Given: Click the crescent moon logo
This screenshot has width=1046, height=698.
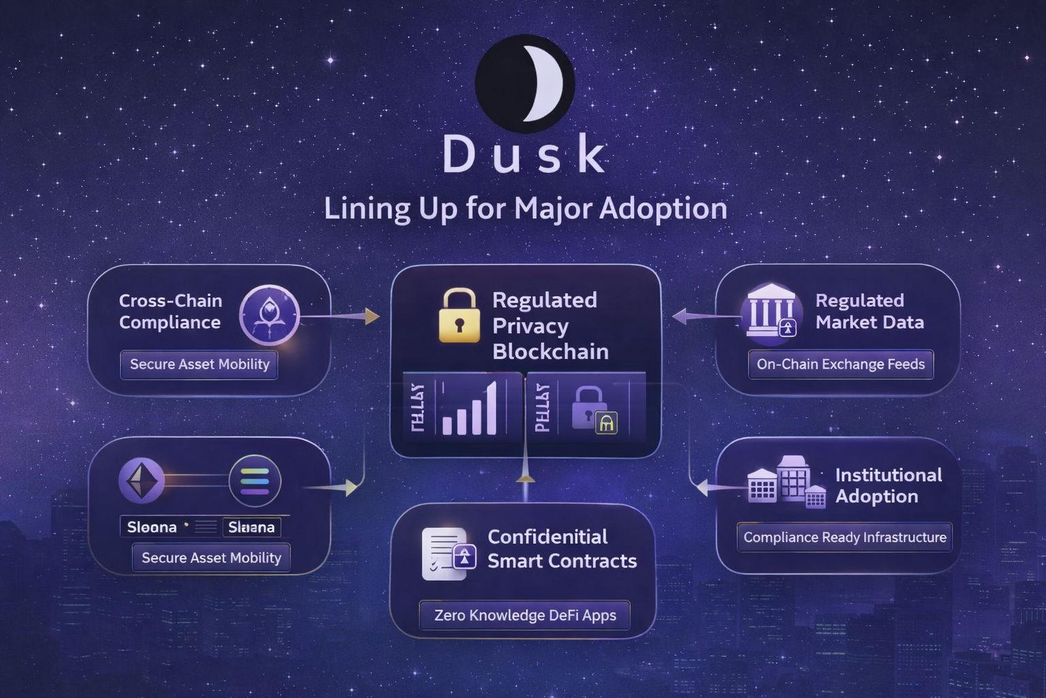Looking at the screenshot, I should coord(524,84).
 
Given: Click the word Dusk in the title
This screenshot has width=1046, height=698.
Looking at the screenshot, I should coord(524,155).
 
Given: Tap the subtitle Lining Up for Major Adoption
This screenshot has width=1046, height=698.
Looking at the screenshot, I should coord(525,208).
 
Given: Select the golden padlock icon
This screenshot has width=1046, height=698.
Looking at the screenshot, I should coord(459,315).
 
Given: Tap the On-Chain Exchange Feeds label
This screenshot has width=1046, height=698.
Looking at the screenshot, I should coord(840,364).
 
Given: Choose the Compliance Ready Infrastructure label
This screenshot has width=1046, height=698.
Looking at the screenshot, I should coord(844,537).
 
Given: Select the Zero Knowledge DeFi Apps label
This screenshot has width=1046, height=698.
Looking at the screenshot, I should coord(525,616).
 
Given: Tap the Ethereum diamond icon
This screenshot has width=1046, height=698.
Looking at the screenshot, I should coord(142,481).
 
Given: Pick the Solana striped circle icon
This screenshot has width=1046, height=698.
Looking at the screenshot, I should coord(255,481).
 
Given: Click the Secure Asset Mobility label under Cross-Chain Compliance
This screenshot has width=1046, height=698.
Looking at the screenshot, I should coord(200,364).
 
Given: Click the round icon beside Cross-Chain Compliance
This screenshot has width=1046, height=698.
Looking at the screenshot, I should coord(269,315).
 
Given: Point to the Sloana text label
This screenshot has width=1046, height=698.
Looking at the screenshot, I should coord(152,527).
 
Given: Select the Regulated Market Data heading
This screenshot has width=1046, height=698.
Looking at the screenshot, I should coord(869,311).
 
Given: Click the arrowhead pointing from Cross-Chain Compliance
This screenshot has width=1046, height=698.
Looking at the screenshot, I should coord(372,316).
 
